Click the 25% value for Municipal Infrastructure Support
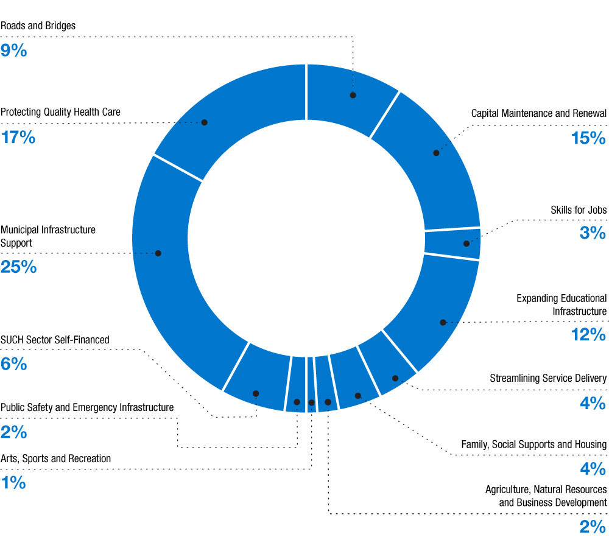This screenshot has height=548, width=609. click(18, 267)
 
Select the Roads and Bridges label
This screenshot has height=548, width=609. click(38, 26)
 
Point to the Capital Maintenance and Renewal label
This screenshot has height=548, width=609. click(538, 113)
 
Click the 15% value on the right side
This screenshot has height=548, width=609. click(588, 139)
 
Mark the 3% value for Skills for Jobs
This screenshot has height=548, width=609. click(593, 233)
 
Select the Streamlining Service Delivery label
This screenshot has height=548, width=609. click(547, 378)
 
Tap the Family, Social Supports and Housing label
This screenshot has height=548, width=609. click(533, 427)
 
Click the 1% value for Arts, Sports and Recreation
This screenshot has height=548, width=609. click(13, 483)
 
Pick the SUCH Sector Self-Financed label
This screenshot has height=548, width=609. click(55, 340)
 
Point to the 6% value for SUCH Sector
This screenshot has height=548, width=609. click(13, 364)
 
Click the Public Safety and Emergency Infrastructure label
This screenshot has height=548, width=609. click(87, 407)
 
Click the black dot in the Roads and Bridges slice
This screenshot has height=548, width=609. click(353, 95)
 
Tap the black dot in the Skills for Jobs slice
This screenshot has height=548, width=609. click(466, 244)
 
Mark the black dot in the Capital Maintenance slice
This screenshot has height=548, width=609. click(436, 153)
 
